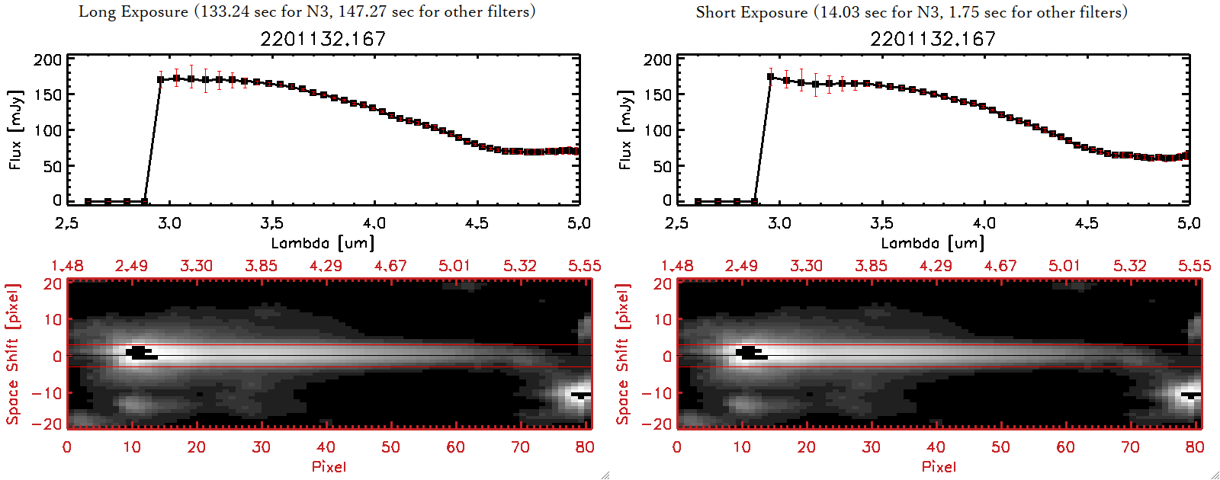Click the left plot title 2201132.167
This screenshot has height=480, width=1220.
[x=323, y=39]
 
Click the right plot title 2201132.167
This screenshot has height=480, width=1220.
[x=933, y=39]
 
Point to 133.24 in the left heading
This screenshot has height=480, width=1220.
[x=222, y=11]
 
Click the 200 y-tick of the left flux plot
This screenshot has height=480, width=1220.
[x=47, y=60]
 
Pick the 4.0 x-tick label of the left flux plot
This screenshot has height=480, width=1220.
[x=374, y=223]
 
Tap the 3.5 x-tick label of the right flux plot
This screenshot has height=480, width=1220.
[x=881, y=223]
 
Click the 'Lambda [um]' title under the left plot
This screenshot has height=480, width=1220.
[x=323, y=243]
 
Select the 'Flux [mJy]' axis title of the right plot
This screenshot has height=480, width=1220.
[x=625, y=130]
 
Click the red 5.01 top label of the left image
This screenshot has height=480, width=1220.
[x=454, y=266]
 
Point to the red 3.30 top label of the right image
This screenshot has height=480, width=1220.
[x=806, y=266]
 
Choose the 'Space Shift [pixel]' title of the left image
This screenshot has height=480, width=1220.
[x=13, y=354]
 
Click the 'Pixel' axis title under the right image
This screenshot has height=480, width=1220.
[x=939, y=466]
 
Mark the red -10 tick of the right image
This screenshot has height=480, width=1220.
[x=657, y=393]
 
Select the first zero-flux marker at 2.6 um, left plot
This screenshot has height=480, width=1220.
[x=88, y=201]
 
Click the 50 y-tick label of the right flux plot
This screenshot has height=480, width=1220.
[x=662, y=166]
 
